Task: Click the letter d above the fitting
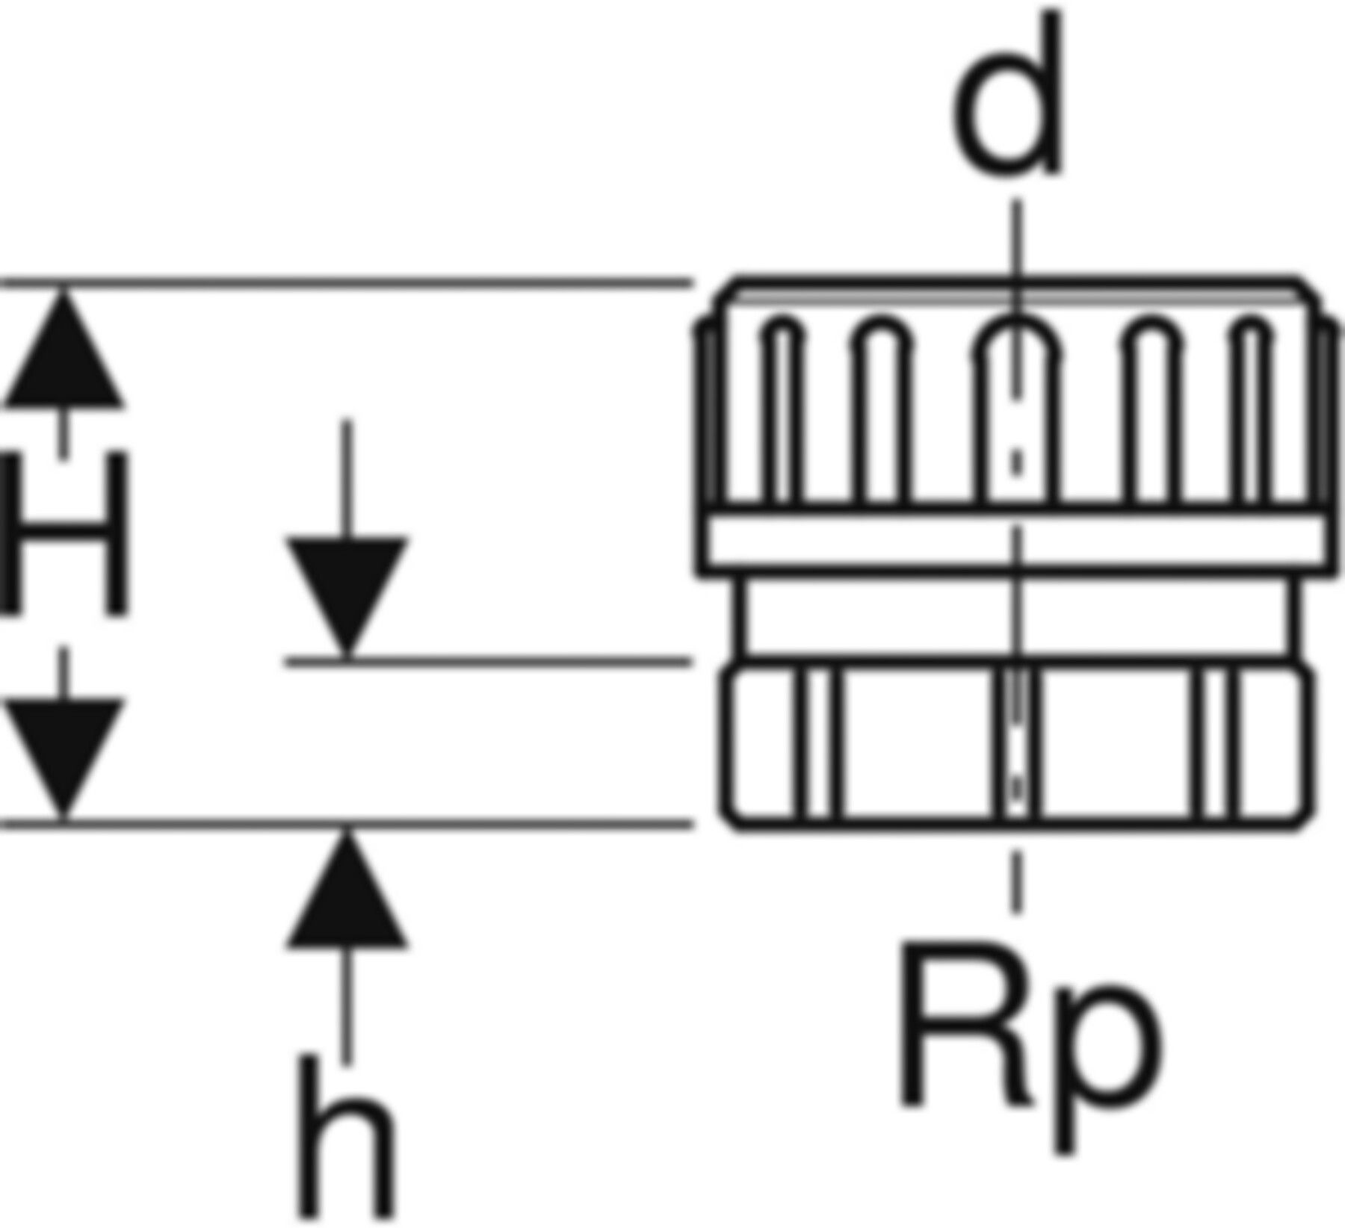pos(1007,97)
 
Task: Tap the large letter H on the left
pos(66,534)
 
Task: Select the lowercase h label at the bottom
pos(345,1139)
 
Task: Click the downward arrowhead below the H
pos(64,754)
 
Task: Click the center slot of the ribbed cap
pos(1015,411)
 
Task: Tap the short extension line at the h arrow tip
pos(486,662)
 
